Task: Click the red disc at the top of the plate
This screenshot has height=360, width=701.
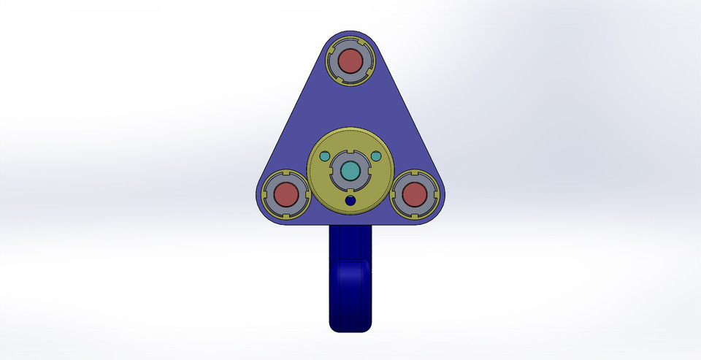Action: click(x=350, y=61)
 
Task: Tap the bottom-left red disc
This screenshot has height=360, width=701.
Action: click(x=285, y=195)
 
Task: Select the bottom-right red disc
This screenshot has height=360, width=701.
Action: click(x=414, y=195)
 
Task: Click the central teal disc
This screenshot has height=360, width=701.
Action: click(x=350, y=170)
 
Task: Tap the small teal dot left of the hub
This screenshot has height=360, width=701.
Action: click(x=323, y=156)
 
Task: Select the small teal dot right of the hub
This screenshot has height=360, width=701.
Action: click(x=376, y=156)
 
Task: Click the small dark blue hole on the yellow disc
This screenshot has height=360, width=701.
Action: click(x=350, y=200)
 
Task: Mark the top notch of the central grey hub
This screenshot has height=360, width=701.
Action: click(x=350, y=153)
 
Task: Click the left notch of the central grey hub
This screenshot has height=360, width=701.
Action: click(x=333, y=170)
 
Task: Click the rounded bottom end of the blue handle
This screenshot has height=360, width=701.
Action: click(x=350, y=325)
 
